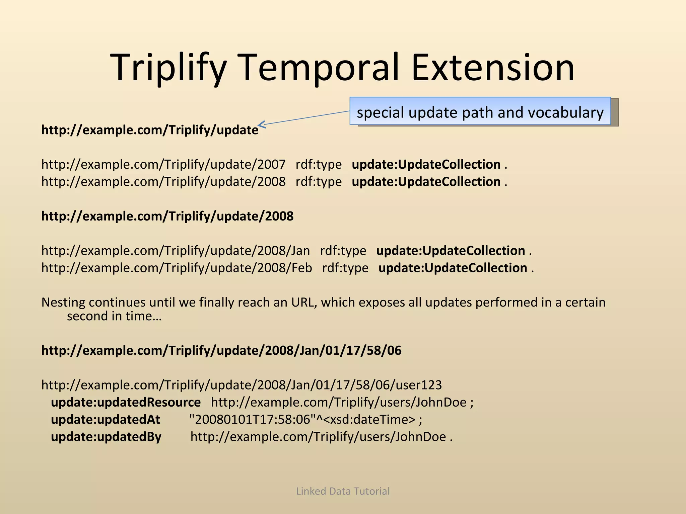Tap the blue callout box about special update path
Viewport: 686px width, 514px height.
480,111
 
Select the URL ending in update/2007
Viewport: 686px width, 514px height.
163,164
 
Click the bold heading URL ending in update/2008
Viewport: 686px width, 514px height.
167,216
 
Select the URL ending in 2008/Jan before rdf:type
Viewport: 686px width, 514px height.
176,251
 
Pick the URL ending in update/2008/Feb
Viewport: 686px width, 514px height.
177,268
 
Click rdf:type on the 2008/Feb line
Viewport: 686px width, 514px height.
345,268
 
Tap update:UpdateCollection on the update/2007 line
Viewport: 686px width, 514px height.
426,164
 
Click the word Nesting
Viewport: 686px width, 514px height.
63,303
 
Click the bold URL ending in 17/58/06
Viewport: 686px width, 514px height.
221,350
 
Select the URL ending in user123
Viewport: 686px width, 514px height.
241,385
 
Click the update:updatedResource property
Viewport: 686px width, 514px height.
126,402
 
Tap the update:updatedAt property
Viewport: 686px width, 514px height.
106,420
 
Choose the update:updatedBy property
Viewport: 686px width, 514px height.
106,437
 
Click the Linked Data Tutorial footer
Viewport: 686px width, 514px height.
343,491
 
